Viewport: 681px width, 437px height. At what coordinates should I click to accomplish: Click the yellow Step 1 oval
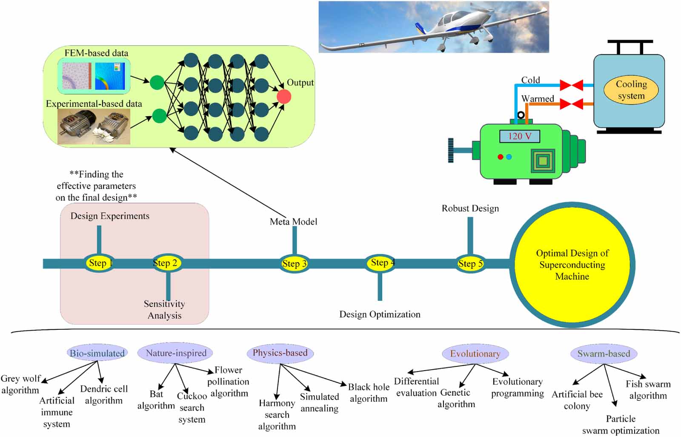pyautogui.click(x=99, y=263)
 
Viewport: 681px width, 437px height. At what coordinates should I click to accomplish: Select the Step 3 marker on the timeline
pyautogui.click(x=294, y=264)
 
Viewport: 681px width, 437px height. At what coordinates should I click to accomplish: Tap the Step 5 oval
pyautogui.click(x=470, y=264)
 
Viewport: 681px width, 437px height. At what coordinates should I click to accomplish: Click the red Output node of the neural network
pyautogui.click(x=284, y=97)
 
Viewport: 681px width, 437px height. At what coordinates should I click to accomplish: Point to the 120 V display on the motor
pyautogui.click(x=519, y=136)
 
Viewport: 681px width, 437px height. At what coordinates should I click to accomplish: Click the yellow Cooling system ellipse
pyautogui.click(x=631, y=90)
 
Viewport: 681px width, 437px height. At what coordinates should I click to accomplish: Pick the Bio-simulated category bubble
pyautogui.click(x=97, y=353)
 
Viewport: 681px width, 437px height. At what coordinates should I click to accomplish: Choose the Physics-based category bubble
pyautogui.click(x=280, y=353)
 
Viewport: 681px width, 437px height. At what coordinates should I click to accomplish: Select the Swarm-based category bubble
pyautogui.click(x=604, y=354)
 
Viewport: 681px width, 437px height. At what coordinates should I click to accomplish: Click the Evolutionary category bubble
pyautogui.click(x=475, y=354)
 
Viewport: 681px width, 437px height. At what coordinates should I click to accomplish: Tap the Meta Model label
pyautogui.click(x=293, y=222)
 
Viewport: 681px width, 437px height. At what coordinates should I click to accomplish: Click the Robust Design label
pyautogui.click(x=470, y=209)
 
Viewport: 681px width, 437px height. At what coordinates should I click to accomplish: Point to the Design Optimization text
pyautogui.click(x=380, y=314)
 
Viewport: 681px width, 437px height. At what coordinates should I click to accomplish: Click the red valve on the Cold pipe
pyautogui.click(x=571, y=85)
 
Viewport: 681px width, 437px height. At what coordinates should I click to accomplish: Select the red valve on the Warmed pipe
pyautogui.click(x=571, y=104)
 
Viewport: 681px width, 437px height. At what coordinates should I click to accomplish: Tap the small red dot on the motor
pyautogui.click(x=501, y=157)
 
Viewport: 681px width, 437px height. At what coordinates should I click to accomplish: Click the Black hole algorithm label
pyautogui.click(x=369, y=393)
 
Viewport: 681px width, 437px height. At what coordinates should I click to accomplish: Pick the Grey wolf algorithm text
pyautogui.click(x=20, y=384)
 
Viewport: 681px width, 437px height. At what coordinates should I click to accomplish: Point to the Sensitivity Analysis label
pyautogui.click(x=164, y=310)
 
